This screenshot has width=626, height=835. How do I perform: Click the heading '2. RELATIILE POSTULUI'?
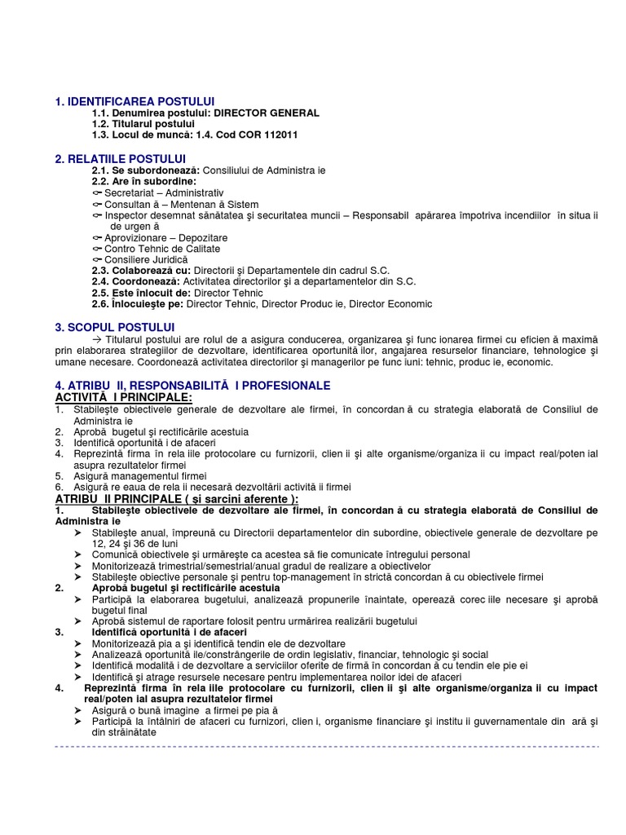(121, 157)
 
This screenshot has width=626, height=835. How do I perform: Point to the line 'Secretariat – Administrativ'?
(158, 192)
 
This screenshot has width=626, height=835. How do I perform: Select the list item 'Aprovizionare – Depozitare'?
(165, 236)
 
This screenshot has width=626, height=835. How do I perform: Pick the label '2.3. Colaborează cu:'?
(141, 270)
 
